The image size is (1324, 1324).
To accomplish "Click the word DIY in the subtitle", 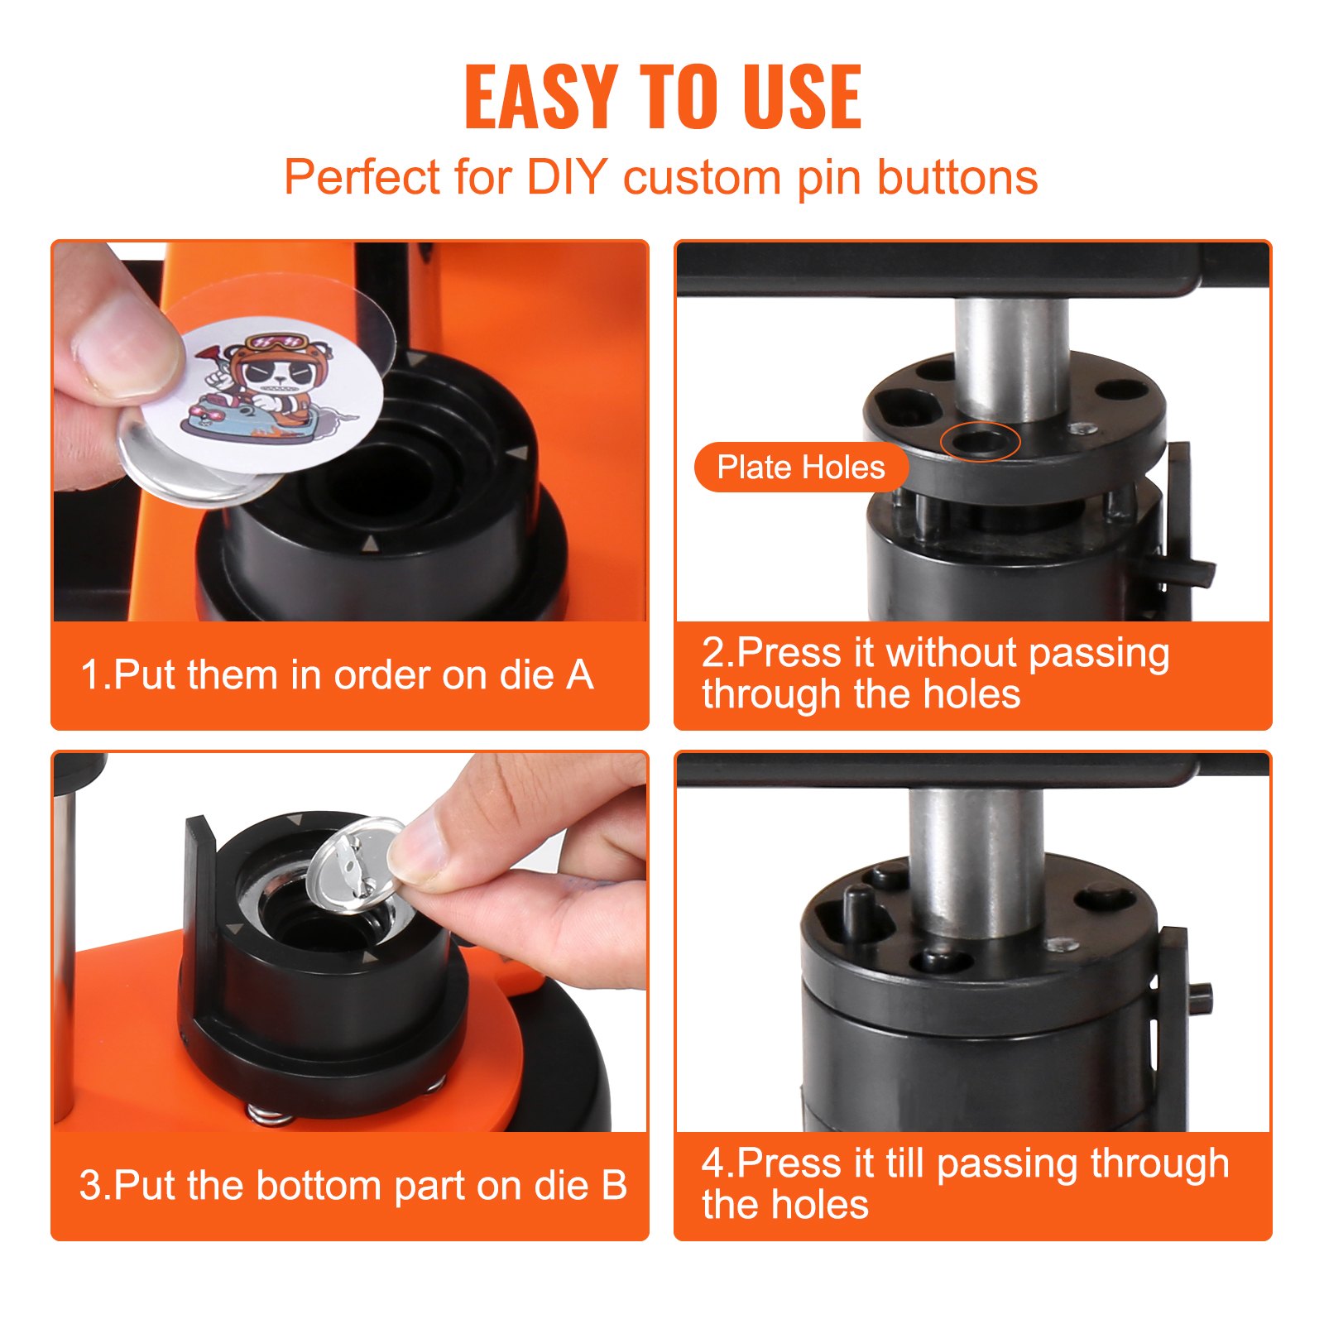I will pyautogui.click(x=567, y=177).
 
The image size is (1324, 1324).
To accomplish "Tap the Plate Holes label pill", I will pyautogui.click(x=800, y=468).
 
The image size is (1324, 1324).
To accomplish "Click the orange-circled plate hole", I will pyautogui.click(x=980, y=441).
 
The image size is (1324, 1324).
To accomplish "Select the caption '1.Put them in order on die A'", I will pyautogui.click(x=337, y=675).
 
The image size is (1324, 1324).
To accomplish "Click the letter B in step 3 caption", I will pyautogui.click(x=613, y=1185).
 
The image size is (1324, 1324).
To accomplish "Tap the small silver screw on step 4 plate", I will pyautogui.click(x=1060, y=944).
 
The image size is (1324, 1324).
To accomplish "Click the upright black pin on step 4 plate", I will pyautogui.click(x=857, y=910).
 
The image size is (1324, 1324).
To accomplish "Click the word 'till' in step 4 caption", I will pyautogui.click(x=904, y=1163).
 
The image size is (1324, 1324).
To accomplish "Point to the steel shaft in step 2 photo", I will pyautogui.click(x=1011, y=356).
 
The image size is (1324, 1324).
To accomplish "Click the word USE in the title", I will pyautogui.click(x=800, y=97).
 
